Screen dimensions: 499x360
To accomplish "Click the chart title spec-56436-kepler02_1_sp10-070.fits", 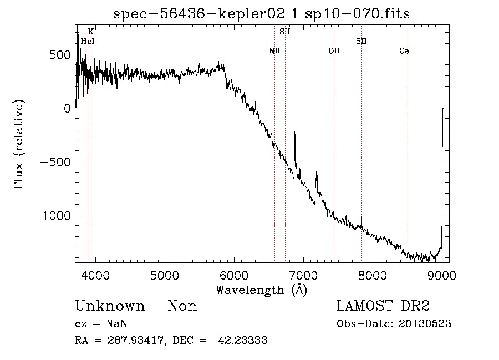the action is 261,14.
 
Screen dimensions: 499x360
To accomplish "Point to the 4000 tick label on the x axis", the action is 95,276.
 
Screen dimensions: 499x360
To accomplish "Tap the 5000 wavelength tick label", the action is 165,276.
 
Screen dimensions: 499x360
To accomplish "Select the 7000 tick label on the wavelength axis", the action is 303,276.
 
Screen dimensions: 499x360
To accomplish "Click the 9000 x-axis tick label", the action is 442,276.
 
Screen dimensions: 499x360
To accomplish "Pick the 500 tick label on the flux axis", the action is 60,55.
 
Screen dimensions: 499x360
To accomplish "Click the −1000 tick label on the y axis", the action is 52,215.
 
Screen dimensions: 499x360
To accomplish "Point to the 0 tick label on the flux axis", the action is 67,109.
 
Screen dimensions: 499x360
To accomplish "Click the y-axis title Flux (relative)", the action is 18,145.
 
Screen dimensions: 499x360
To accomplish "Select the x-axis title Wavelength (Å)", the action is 261,290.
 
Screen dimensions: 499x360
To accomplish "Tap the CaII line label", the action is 408,50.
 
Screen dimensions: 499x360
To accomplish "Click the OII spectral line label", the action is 334,50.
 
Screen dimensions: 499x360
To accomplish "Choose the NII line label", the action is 274,50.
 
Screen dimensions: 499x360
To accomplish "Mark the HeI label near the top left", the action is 88,41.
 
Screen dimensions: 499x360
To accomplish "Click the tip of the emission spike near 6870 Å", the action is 295,132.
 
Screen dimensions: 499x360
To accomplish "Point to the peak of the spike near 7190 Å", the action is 317,171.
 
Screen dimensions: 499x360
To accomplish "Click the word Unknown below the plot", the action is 110,306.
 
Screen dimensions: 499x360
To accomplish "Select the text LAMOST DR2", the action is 383,306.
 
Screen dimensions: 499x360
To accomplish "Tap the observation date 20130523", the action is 425,324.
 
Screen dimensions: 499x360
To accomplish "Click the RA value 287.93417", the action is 136,340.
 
